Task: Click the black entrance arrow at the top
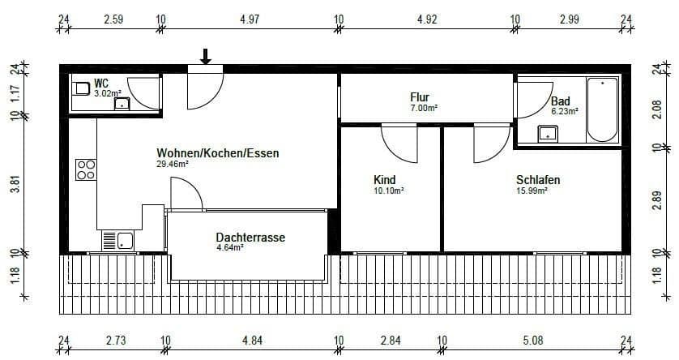[206, 56]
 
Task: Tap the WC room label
[101, 84]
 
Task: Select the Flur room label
[420, 97]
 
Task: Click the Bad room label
[560, 101]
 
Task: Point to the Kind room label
[384, 179]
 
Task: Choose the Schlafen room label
[538, 179]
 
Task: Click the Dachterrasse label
[250, 238]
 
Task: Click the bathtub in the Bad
[602, 109]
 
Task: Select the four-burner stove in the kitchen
[86, 169]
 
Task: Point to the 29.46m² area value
[173, 164]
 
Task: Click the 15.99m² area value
[532, 191]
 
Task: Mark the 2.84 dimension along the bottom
[391, 340]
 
